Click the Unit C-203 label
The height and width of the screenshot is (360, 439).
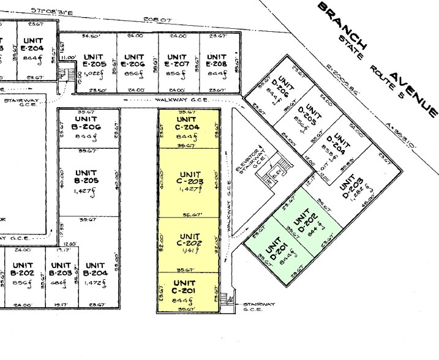[x=189, y=178]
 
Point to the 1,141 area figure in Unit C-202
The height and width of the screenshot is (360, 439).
[x=188, y=250]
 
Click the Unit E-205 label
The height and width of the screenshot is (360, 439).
[x=95, y=60]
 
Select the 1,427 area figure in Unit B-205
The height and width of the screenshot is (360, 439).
[x=86, y=190]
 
